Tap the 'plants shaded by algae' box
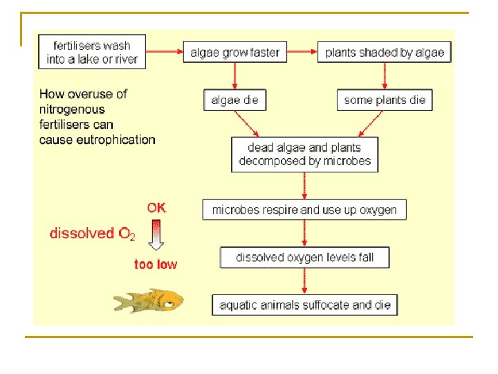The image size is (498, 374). pos(385,52)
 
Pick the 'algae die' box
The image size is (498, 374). pos(234,100)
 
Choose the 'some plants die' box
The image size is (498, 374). pos(385,100)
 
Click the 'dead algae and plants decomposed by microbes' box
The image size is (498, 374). pos(305,154)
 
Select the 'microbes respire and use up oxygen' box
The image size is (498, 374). pos(304,209)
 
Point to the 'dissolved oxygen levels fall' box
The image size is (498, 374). pos(304,258)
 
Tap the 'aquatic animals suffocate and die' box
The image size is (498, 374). pos(304,305)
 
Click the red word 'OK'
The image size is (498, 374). pos(156,207)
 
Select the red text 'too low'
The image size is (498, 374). pos(156,264)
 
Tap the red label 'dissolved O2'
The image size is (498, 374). pos(92,234)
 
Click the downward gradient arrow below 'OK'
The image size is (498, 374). pos(156,235)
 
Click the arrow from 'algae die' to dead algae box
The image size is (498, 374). pos(248,123)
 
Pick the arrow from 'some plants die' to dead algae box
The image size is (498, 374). pos(372,123)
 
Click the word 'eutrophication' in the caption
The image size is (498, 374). pos(116,139)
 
